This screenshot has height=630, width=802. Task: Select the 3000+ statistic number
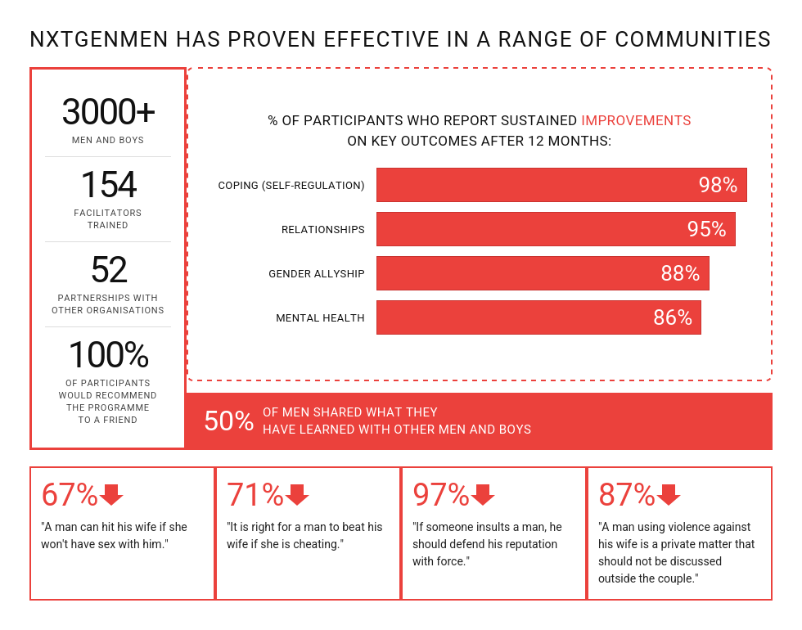click(x=108, y=112)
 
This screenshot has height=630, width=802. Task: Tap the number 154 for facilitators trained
click(x=108, y=185)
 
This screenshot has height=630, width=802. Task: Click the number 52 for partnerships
click(x=108, y=270)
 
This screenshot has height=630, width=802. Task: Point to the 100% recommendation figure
click(x=108, y=355)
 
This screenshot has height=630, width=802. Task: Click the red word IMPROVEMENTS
click(x=636, y=120)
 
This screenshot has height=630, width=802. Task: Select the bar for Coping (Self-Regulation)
click(x=561, y=185)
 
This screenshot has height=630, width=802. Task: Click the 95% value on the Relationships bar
click(x=706, y=229)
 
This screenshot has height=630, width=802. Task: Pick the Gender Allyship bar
click(x=543, y=273)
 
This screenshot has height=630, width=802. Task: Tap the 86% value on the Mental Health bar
click(x=673, y=317)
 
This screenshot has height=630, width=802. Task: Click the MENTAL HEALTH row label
click(x=320, y=318)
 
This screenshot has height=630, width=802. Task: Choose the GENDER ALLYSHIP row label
click(x=316, y=274)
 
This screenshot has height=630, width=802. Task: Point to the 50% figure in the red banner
click(x=228, y=421)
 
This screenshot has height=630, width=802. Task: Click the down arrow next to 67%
click(x=110, y=495)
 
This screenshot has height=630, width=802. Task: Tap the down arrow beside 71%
click(x=296, y=495)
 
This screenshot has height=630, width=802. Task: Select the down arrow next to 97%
click(x=483, y=495)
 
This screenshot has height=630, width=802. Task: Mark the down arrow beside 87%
click(x=669, y=495)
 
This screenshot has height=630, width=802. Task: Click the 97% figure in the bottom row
click(x=440, y=495)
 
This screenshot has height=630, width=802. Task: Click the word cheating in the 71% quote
click(x=315, y=544)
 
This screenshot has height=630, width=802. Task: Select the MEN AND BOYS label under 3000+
click(x=108, y=140)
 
